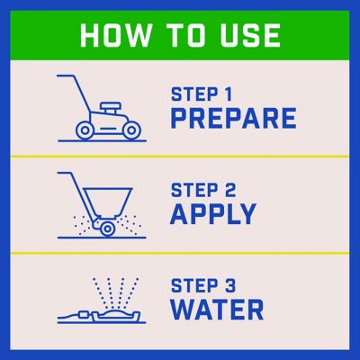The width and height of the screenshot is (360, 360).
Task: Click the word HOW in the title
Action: (115, 35)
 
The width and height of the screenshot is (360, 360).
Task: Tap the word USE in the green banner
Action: (250, 35)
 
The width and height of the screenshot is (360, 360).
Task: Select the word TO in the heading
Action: (185, 35)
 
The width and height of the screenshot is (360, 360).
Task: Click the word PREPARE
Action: (233, 119)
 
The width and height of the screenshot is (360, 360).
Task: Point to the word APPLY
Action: (213, 214)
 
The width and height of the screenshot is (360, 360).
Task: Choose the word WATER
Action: (217, 310)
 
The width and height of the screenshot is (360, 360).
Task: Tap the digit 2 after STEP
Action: (230, 190)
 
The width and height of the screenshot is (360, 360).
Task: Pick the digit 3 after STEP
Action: (230, 286)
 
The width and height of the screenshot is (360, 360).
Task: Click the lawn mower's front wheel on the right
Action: (131, 130)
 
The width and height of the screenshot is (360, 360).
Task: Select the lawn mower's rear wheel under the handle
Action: (85, 130)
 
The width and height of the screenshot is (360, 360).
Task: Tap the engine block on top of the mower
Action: (111, 107)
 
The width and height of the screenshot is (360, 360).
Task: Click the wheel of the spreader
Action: (107, 229)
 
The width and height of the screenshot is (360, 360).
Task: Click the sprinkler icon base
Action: (116, 316)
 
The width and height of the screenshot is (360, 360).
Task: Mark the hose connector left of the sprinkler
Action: (82, 315)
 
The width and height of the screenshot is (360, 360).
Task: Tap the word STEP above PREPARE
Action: (194, 94)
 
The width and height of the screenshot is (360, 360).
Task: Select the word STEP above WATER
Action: (194, 286)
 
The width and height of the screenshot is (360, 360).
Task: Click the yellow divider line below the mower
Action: (180, 157)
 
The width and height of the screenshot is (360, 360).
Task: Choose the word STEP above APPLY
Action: (194, 190)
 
